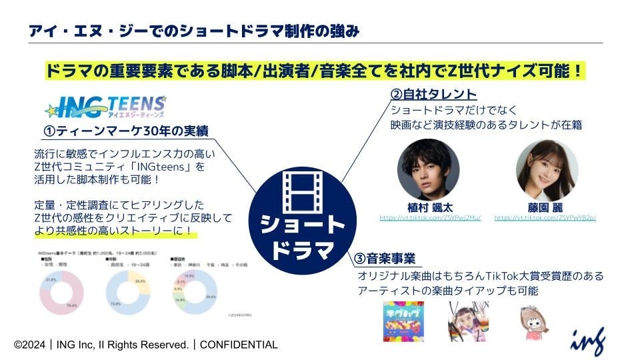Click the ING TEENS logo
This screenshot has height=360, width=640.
(x=104, y=107)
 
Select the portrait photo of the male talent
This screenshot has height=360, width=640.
(x=428, y=169)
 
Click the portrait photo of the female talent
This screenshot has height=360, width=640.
(x=547, y=169)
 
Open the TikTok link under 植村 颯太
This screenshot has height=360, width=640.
(x=429, y=217)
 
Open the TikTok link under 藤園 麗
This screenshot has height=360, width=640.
(x=545, y=217)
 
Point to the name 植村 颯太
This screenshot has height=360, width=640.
(x=429, y=207)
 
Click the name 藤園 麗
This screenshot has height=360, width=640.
(x=547, y=207)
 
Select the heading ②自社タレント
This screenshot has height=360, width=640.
(x=434, y=94)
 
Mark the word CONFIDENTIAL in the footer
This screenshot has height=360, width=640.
(x=239, y=345)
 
